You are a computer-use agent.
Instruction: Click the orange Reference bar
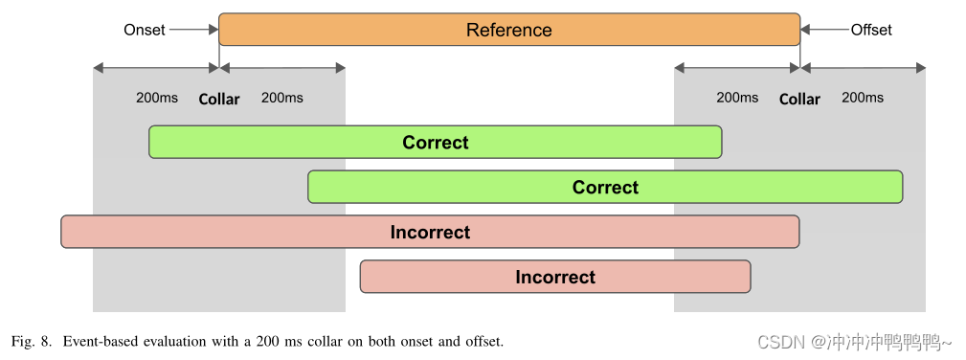click(x=508, y=30)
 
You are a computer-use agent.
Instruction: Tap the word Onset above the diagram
click(x=145, y=30)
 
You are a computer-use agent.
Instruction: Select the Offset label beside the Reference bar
click(x=871, y=30)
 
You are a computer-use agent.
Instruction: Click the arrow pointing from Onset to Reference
click(x=194, y=30)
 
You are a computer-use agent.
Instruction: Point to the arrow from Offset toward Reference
click(x=824, y=30)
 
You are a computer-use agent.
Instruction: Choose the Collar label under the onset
click(x=219, y=99)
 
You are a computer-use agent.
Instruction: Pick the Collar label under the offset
click(x=799, y=99)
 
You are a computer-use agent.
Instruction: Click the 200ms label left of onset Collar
click(x=156, y=98)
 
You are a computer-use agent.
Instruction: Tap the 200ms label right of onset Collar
click(x=282, y=98)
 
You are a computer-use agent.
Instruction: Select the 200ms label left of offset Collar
click(x=737, y=98)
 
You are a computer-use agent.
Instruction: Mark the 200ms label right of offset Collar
click(x=863, y=98)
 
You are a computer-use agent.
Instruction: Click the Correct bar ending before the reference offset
click(x=435, y=143)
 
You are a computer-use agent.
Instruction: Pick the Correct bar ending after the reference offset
click(x=605, y=188)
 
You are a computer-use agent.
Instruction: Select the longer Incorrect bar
click(x=430, y=233)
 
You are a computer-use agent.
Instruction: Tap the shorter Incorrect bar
click(x=555, y=277)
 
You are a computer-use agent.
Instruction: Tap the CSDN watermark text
click(x=780, y=342)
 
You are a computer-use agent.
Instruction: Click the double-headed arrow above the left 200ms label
click(x=156, y=68)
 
